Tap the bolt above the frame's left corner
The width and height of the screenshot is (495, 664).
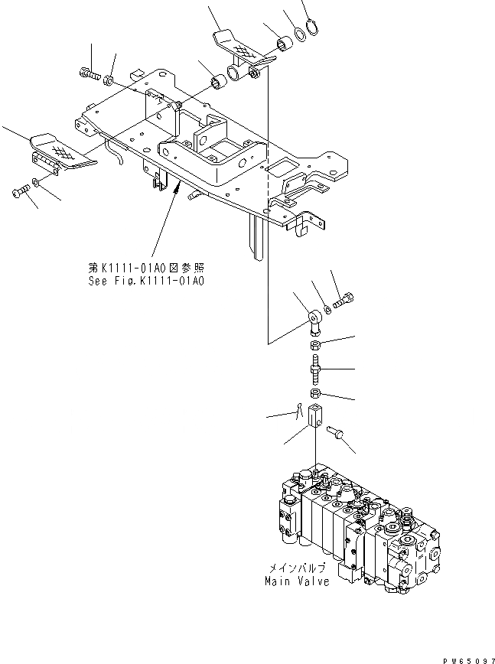point(89,73)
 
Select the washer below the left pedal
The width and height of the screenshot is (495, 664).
point(37,184)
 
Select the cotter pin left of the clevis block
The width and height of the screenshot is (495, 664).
point(298,414)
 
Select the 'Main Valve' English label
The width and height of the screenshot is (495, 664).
point(296,581)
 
